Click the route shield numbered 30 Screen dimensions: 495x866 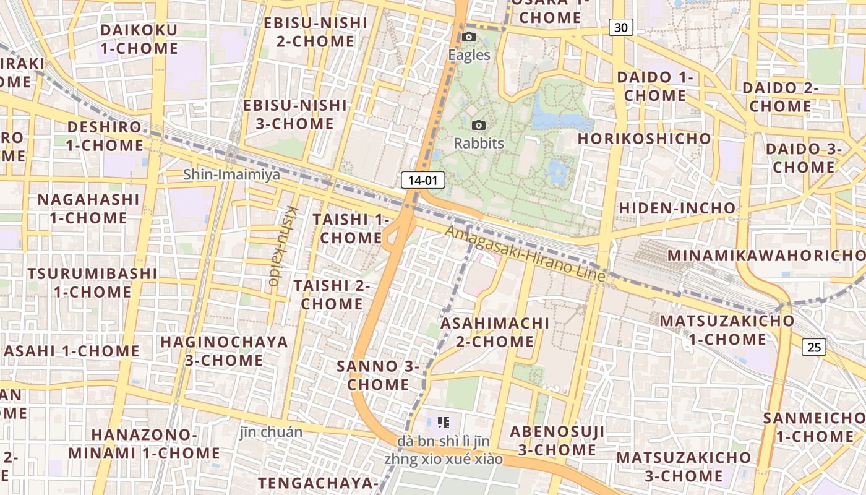point(621,27)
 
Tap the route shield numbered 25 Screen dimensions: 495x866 point(814,347)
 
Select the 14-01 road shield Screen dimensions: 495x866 point(423,181)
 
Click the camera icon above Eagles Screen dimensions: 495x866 point(469,37)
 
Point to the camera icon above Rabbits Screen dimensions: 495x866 point(478,126)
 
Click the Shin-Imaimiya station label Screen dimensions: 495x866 point(231,175)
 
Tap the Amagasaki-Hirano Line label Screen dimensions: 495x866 point(525,254)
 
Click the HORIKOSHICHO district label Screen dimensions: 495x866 point(645,139)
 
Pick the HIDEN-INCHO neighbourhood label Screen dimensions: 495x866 point(677,208)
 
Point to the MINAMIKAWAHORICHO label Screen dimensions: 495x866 point(766,256)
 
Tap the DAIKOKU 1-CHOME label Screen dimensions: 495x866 point(139,39)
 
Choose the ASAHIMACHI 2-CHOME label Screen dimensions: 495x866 point(495,332)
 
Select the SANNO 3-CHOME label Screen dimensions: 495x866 point(378,375)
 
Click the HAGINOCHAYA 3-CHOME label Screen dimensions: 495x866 point(224,351)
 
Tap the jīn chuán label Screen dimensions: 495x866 point(272,432)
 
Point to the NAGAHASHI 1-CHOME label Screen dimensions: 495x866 point(88,209)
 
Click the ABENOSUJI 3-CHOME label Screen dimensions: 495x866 point(557,441)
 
